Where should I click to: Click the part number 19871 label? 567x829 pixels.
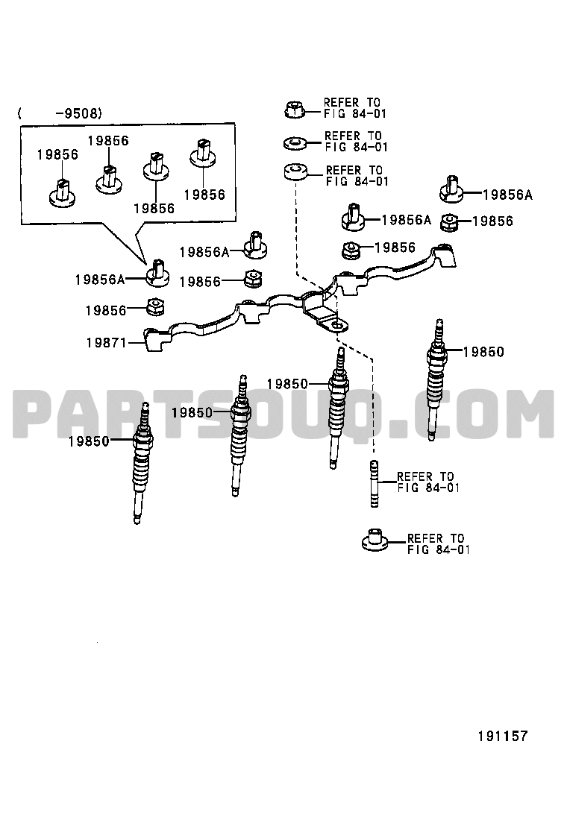106,343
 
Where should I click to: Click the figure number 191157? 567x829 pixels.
503,736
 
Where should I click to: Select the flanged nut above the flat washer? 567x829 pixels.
293,110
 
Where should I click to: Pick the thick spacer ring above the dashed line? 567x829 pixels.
295,171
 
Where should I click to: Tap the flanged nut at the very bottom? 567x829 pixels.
375,540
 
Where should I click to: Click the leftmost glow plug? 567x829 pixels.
141,463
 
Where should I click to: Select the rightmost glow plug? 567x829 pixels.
436,379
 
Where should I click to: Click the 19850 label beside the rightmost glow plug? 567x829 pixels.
483,352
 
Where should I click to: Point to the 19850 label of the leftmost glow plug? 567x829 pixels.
88,441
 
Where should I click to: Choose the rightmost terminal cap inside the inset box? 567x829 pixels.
203,153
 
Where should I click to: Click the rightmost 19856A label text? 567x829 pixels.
507,195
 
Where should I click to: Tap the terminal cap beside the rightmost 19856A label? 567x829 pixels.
451,189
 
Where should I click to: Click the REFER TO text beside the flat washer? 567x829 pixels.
353,136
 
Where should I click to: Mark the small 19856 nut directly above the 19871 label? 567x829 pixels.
155,306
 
